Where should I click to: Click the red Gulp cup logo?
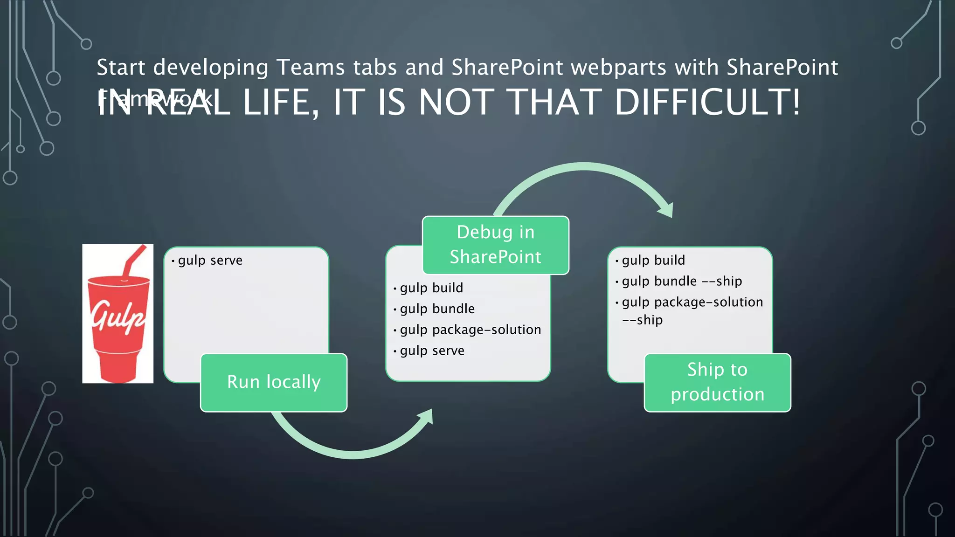[118, 322]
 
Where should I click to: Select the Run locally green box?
[274, 382]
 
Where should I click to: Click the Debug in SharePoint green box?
[495, 245]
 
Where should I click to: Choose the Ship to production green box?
[717, 382]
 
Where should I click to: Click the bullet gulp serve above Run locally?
[210, 260]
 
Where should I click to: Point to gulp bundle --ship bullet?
[681, 281]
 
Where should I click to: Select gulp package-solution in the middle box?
[470, 330]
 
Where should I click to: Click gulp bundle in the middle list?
[437, 309]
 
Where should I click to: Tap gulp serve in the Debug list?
[432, 351]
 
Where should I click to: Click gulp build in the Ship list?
[653, 260]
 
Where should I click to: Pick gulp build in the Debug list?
[431, 288]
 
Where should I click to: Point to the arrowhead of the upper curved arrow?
[667, 210]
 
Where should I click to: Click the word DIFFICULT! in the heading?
[707, 102]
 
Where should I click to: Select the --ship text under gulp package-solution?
[642, 320]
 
